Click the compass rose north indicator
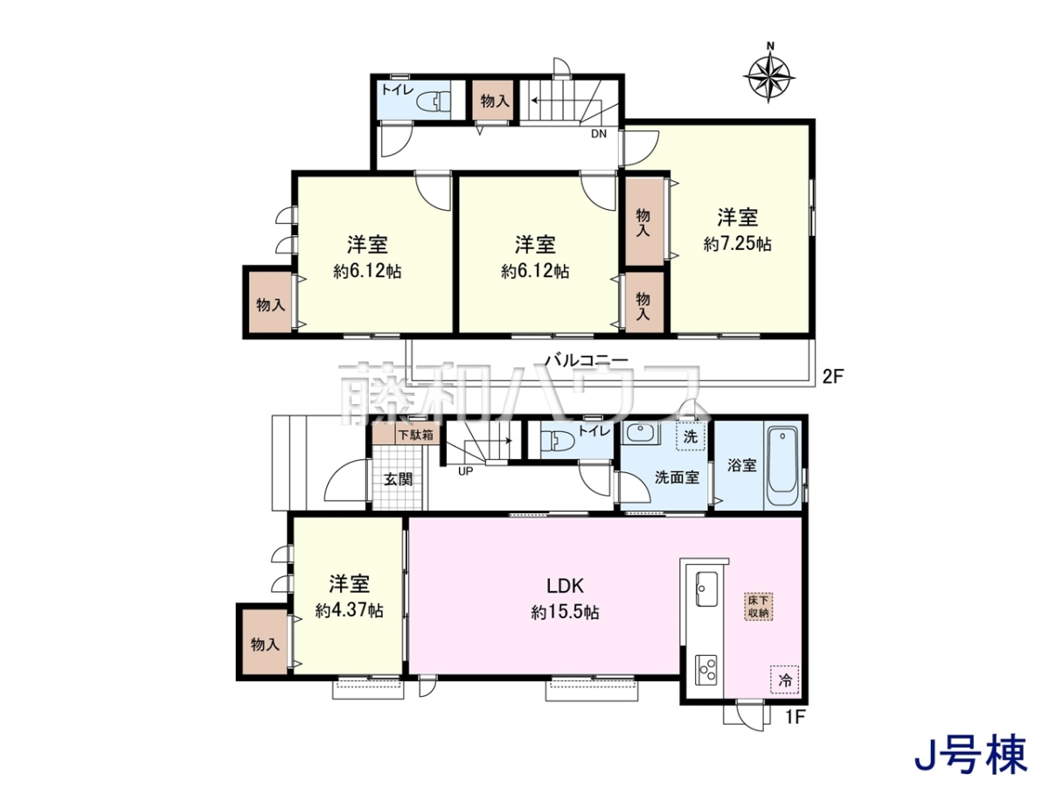click(x=770, y=46)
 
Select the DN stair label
click(x=599, y=134)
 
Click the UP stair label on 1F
click(x=465, y=471)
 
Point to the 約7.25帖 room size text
click(x=738, y=245)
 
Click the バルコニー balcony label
click(x=587, y=360)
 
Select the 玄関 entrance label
click(x=398, y=479)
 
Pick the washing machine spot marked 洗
click(x=691, y=436)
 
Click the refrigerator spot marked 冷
click(x=784, y=681)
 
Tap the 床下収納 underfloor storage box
click(x=758, y=606)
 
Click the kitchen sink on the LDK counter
click(x=705, y=589)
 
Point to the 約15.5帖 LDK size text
click(x=565, y=613)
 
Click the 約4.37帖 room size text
click(x=350, y=610)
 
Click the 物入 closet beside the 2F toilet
click(x=493, y=101)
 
